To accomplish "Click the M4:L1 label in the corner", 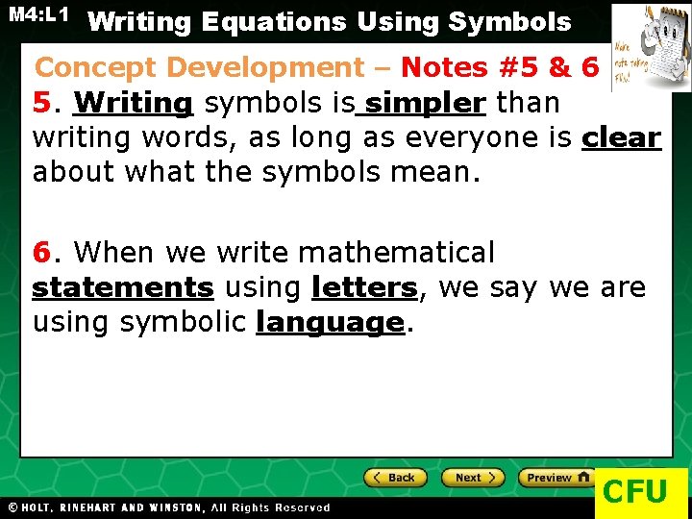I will tap(38, 15).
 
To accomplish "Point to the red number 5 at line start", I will tap(41, 102).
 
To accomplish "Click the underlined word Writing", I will tap(134, 102).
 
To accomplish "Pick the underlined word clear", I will tap(621, 137).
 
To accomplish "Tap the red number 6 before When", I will tap(41, 253).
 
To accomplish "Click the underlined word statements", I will tap(123, 287).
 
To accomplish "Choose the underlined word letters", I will tap(364, 287).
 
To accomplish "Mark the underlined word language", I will tap(330, 322).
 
